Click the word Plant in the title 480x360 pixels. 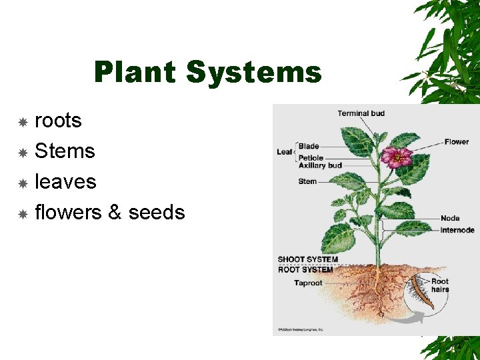136,72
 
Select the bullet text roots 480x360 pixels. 58,121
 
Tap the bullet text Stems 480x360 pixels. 65,151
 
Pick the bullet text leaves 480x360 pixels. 65,181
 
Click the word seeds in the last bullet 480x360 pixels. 157,212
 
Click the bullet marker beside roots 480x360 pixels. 22,122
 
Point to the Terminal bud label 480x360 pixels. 361,113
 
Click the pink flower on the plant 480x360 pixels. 397,157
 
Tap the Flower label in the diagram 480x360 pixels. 457,141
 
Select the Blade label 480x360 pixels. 309,146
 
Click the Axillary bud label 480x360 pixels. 320,165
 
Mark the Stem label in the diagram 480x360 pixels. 307,181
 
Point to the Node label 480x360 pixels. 450,219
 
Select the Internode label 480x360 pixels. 457,230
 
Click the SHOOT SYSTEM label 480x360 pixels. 308,259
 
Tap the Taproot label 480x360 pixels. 309,283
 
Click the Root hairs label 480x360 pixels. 440,285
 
